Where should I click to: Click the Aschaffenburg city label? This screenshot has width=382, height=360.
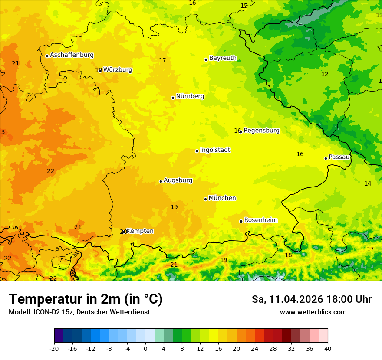click(x=72, y=55)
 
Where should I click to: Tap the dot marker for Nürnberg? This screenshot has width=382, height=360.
click(x=173, y=98)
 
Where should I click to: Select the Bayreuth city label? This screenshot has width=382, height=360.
click(x=223, y=58)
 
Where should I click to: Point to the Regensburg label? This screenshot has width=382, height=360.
click(x=261, y=131)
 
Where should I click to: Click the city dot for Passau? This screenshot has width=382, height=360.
click(x=326, y=158)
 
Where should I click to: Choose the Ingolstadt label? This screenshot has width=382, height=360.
click(x=215, y=150)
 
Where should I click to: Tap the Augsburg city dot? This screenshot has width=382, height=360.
click(x=161, y=181)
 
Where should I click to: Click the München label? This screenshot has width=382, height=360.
click(x=222, y=198)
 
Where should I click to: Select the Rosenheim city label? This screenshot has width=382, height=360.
click(x=260, y=220)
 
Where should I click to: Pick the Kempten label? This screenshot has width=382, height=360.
click(x=140, y=231)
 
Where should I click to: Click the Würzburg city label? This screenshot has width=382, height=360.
click(x=118, y=70)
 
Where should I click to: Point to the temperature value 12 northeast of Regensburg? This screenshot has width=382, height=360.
click(x=325, y=75)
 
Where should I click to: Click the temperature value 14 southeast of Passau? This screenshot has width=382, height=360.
click(x=368, y=184)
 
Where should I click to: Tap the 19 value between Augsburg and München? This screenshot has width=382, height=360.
click(x=174, y=207)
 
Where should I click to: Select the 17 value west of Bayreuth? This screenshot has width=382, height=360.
click(x=162, y=61)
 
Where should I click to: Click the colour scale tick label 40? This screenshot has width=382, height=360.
click(x=328, y=348)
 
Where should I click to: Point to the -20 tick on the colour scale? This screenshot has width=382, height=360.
click(x=54, y=348)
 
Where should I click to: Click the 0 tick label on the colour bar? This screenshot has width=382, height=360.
click(x=145, y=348)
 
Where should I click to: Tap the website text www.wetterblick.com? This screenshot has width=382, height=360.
click(x=313, y=312)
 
